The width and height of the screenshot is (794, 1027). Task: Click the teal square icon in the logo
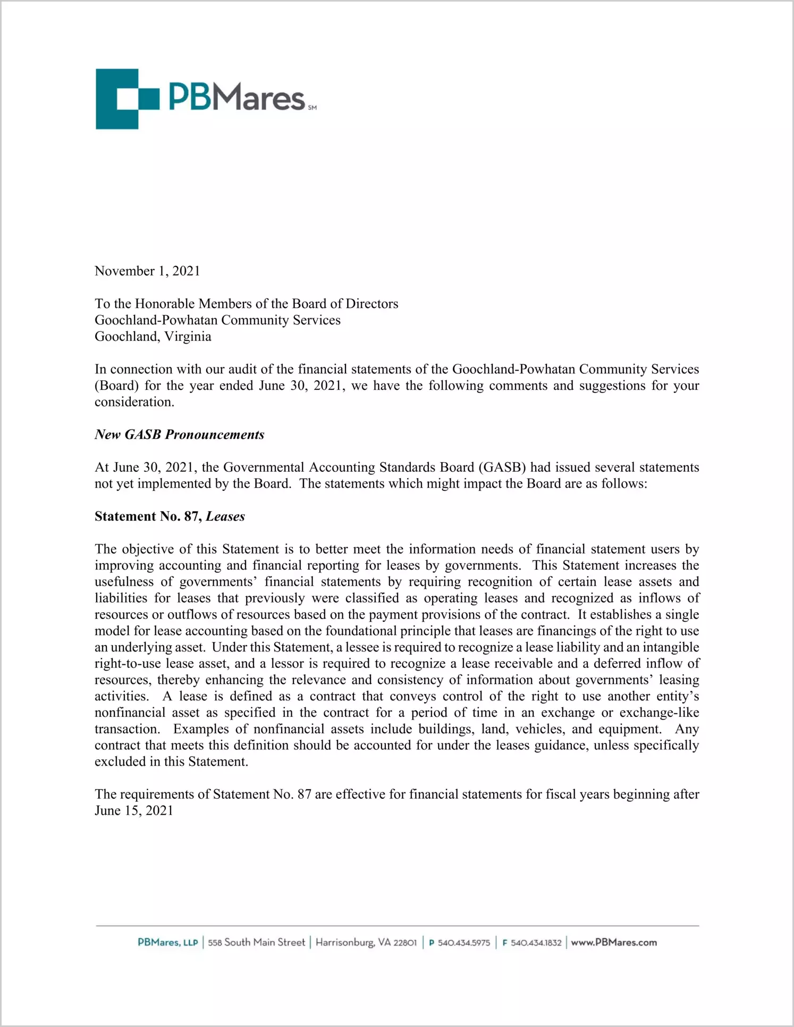(127, 99)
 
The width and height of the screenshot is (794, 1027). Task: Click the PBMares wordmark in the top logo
(236, 97)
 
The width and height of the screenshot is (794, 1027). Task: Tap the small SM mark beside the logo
(312, 108)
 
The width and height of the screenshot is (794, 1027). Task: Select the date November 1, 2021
(147, 271)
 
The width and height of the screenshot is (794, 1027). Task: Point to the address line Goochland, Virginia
(153, 337)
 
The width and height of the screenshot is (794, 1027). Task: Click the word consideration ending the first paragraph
(134, 402)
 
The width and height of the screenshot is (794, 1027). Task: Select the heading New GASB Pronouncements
(180, 435)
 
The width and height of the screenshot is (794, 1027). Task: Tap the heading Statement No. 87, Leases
(170, 516)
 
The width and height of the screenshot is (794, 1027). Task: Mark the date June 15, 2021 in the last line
(134, 811)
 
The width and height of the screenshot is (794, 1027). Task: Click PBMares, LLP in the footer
(168, 942)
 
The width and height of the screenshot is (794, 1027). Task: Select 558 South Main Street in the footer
(256, 942)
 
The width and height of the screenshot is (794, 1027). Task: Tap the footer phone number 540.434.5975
(463, 943)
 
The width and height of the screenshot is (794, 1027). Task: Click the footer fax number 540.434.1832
(536, 943)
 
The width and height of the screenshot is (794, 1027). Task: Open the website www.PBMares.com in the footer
(614, 942)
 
